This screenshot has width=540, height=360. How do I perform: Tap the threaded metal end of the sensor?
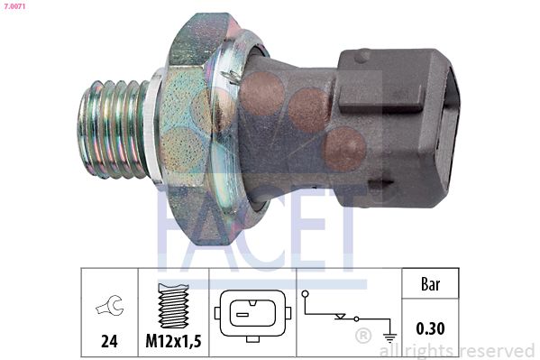click(x=113, y=129)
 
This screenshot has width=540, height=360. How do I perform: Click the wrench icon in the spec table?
click(x=108, y=309)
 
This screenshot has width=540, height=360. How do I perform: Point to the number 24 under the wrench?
click(x=108, y=342)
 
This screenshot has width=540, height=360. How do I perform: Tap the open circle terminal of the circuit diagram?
click(x=307, y=294)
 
